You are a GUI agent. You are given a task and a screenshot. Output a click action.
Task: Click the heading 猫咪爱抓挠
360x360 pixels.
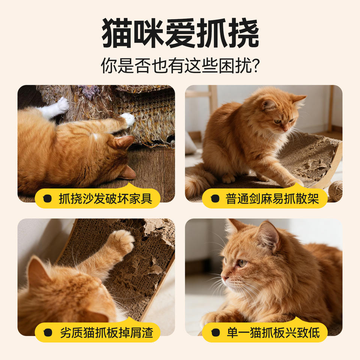pos(180,33)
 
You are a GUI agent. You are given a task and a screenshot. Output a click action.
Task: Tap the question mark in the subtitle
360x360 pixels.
pos(255,65)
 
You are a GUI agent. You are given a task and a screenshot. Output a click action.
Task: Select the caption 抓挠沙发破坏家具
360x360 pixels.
pos(106,199)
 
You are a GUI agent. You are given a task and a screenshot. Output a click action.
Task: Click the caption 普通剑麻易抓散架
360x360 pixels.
pos(272,199)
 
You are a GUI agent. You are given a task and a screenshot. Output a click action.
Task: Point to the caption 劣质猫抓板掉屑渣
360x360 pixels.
pos(106,333)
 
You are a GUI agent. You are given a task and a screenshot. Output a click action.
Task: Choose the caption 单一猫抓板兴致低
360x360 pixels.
pos(273,333)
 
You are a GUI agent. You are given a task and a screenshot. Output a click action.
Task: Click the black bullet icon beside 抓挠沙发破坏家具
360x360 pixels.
pos(48,199)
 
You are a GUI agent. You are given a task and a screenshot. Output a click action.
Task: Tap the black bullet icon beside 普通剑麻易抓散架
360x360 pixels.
pos(215,199)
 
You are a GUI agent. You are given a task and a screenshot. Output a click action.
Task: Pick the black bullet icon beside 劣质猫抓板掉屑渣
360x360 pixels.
pos(48,333)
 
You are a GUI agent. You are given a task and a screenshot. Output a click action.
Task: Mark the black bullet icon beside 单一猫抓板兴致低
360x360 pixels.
pos(216,333)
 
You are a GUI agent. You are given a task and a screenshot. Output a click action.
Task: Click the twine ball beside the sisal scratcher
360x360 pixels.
pos(335,190)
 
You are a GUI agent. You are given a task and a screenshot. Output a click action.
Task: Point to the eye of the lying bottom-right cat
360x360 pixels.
pos(242,263)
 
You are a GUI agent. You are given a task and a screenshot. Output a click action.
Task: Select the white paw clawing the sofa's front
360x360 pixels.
pos(129,119)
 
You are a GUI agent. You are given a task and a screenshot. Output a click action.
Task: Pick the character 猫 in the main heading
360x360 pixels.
pos(117,33)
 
